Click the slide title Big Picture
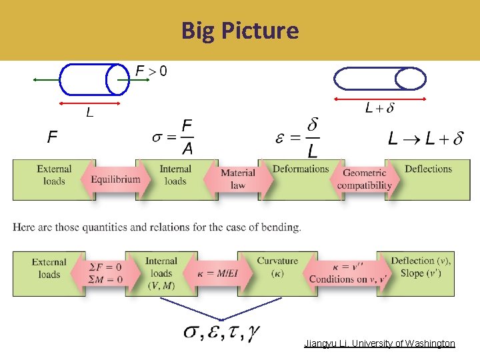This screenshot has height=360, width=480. pyautogui.click(x=240, y=31)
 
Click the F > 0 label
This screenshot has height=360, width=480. pyautogui.click(x=151, y=70)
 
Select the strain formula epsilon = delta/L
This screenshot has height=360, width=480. pyautogui.click(x=297, y=138)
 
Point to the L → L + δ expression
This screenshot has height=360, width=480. pyautogui.click(x=425, y=139)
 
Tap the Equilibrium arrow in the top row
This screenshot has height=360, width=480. pyautogui.click(x=114, y=179)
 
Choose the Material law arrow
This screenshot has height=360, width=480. pyautogui.click(x=237, y=179)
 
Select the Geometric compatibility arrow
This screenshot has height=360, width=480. pyautogui.click(x=363, y=179)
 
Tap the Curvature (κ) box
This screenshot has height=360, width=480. pyautogui.click(x=277, y=267)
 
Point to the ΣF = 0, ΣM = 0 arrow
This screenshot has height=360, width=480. pyautogui.click(x=105, y=273)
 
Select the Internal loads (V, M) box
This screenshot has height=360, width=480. pyautogui.click(x=161, y=273)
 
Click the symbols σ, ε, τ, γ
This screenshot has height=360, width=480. pyautogui.click(x=222, y=331)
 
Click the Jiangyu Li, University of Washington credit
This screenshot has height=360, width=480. pyautogui.click(x=379, y=343)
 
